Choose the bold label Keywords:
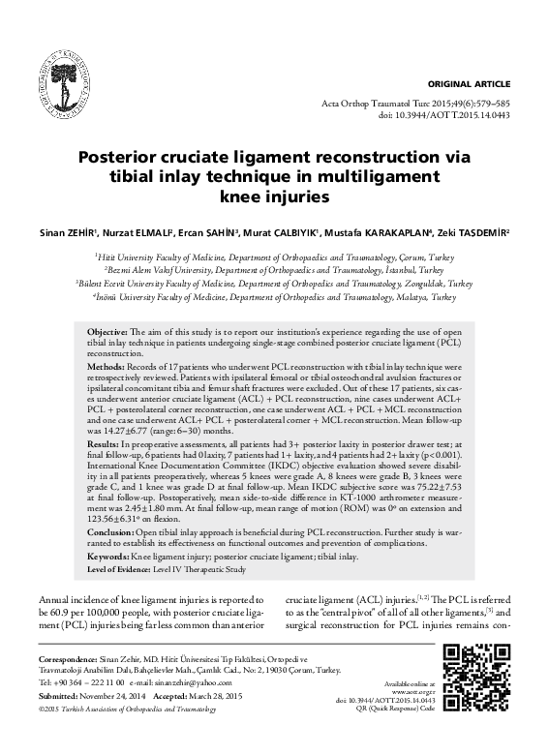click(100, 559)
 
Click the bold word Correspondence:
click(75, 658)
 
